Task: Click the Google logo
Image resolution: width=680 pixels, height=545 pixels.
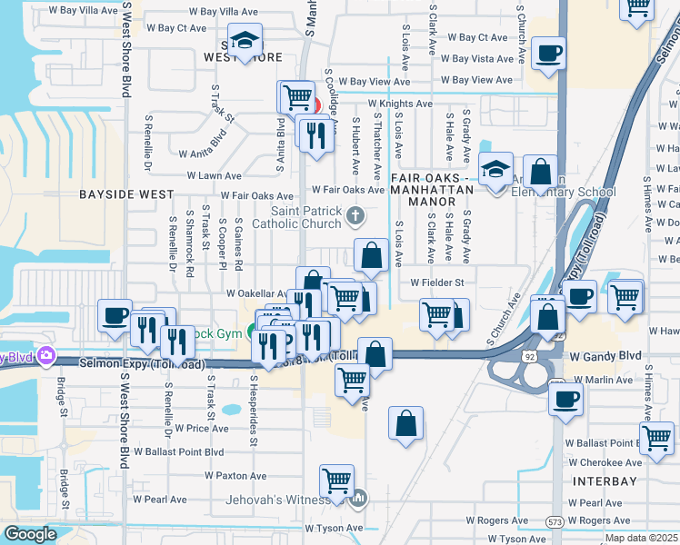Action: coord(30,534)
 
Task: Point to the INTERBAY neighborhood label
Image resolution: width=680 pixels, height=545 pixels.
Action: coord(604,479)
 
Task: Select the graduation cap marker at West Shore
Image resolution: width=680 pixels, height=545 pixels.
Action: coord(244,41)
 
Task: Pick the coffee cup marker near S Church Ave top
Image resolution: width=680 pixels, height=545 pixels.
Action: coord(548,53)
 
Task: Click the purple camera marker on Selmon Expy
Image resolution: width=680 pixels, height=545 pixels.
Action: coord(45,356)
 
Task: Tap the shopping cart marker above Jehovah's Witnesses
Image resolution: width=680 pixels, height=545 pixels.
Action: coord(337,481)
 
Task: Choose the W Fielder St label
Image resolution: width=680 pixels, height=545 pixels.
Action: coord(437,282)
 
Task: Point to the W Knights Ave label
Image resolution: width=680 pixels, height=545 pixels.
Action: coord(400,104)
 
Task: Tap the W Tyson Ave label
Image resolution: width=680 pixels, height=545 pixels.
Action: coord(334,528)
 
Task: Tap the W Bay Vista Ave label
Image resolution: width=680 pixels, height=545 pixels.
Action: coord(483,59)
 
